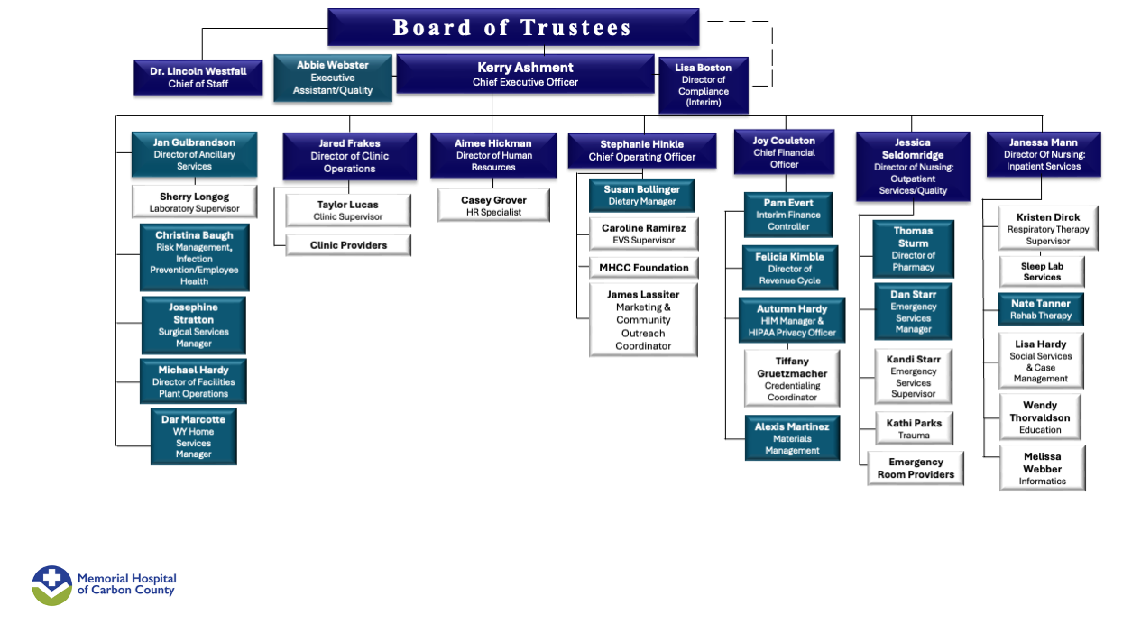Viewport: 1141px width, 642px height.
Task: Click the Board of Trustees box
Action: [512, 27]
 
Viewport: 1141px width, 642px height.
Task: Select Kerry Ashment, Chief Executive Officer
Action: [525, 74]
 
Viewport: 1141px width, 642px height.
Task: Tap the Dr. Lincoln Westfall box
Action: [198, 78]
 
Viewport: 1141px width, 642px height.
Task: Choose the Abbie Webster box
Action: [333, 78]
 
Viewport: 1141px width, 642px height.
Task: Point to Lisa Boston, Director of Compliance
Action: [703, 85]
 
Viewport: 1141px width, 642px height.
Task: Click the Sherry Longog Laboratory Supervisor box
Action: [194, 202]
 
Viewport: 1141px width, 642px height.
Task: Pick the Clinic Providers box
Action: [348, 245]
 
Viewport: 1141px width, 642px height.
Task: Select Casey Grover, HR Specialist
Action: [493, 206]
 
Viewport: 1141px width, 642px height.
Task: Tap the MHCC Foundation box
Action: [643, 268]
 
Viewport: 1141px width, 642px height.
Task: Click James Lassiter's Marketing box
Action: [643, 320]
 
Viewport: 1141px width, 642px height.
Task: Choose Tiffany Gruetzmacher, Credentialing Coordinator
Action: [792, 379]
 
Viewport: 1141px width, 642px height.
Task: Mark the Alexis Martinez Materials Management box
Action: [792, 438]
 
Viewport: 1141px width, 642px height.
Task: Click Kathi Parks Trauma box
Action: [914, 429]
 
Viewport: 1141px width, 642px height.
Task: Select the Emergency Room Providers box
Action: [916, 468]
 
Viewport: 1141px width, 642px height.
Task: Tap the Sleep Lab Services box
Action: [1042, 272]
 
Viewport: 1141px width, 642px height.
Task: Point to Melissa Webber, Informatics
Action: [1042, 469]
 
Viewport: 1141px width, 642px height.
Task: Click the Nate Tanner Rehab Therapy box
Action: [1041, 310]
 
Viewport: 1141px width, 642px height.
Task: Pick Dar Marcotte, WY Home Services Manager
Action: [194, 437]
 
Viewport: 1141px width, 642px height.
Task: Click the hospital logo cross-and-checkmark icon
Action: [52, 585]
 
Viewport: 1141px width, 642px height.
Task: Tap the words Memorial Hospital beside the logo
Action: [126, 578]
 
